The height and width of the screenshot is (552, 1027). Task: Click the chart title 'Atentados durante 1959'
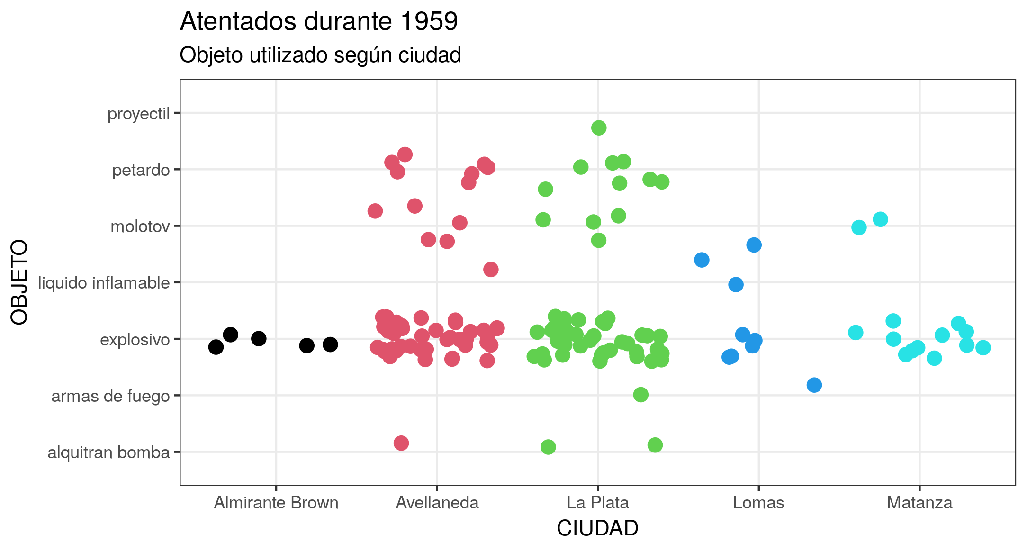point(319,22)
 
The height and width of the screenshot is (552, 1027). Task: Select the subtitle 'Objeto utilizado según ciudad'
point(320,55)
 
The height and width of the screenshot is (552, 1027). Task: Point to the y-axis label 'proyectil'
point(138,114)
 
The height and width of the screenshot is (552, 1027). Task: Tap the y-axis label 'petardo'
point(141,170)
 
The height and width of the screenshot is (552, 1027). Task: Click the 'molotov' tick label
point(140,226)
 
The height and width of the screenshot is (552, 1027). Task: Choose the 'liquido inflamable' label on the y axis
point(104,283)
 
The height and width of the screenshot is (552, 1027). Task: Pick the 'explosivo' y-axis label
point(135,340)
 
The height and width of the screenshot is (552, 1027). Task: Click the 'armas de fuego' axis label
point(110,396)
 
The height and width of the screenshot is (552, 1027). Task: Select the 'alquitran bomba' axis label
point(108,452)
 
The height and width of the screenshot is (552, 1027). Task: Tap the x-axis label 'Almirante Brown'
point(276,503)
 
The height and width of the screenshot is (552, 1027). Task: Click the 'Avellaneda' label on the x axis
point(437,503)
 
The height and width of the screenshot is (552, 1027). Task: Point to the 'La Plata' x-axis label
point(598,503)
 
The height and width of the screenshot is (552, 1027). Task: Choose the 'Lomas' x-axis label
point(758,503)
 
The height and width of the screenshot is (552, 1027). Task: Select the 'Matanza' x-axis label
point(919,503)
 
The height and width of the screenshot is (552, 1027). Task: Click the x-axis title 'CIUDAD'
point(597,528)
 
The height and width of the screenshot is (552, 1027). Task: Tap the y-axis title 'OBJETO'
point(20,282)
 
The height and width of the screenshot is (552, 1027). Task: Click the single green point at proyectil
point(599,127)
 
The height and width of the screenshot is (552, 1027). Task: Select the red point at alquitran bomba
point(401,443)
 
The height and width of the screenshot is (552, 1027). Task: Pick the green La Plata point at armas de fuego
point(640,394)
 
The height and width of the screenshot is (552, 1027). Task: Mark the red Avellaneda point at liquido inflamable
point(491,270)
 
